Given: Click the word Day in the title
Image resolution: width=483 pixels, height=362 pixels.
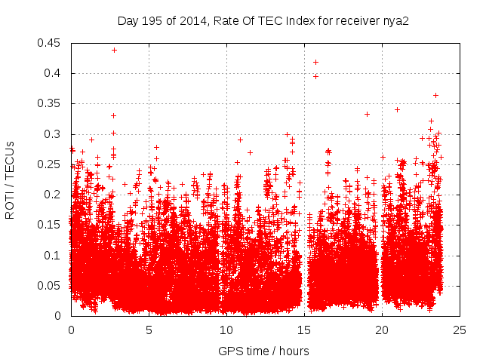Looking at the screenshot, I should pos(128,20).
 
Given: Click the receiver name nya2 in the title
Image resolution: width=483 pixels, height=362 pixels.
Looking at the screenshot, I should pos(396,20).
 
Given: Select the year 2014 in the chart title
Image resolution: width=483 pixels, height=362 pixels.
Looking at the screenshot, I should pos(189,20).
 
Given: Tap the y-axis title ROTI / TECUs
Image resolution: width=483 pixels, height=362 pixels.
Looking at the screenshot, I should pos(10,179).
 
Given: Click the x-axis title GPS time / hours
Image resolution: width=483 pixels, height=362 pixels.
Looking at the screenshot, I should pos(263,351).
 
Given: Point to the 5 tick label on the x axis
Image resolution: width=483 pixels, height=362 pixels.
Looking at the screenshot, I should pos(149,330).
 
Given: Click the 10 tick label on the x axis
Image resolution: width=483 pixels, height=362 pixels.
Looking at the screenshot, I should pos(226,330).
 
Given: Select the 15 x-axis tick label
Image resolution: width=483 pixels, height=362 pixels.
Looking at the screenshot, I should pos(304,330).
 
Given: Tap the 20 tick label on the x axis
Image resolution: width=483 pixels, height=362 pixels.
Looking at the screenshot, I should pos(382,330).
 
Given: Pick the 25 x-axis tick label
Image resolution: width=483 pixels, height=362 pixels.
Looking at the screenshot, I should pos(460,330).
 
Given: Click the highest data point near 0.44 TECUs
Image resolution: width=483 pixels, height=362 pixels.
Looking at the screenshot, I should pos(114,50).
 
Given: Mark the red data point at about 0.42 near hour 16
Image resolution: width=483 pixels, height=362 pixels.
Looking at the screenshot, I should pos(315,62).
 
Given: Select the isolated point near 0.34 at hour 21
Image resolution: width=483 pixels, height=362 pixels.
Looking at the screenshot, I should pos(397,109).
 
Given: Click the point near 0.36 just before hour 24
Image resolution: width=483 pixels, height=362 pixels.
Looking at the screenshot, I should pos(435,95).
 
